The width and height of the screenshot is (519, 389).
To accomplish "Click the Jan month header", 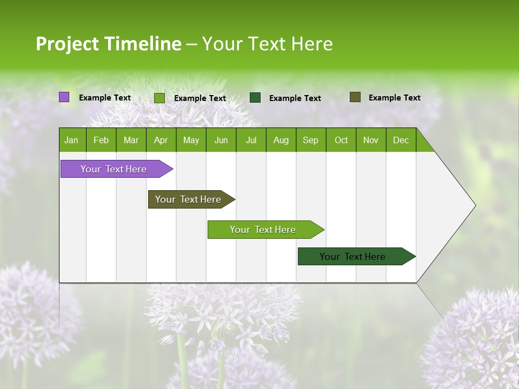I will tap(71, 140).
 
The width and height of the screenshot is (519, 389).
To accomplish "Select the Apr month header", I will tap(161, 140).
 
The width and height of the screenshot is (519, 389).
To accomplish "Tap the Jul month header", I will tap(251, 140).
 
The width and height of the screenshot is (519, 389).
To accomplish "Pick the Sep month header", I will tap(310, 140).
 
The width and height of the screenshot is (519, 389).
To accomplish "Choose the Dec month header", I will tap(401, 140).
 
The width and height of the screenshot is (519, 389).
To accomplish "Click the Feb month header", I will tap(101, 140).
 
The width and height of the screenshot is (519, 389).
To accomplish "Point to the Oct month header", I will tap(341, 140).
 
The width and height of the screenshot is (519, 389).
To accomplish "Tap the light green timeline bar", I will tap(263, 230).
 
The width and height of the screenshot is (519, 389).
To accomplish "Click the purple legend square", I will tap(64, 97).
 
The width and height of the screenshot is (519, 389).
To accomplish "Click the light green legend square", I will tap(159, 98).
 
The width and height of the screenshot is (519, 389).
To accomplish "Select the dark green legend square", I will tap(255, 98).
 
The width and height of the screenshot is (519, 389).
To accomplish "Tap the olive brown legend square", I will tap(355, 97).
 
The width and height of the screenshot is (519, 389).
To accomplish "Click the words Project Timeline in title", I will tap(109, 44).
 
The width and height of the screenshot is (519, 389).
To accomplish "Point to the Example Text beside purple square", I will tap(105, 98).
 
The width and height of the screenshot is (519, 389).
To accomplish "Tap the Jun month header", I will tap(221, 140).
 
